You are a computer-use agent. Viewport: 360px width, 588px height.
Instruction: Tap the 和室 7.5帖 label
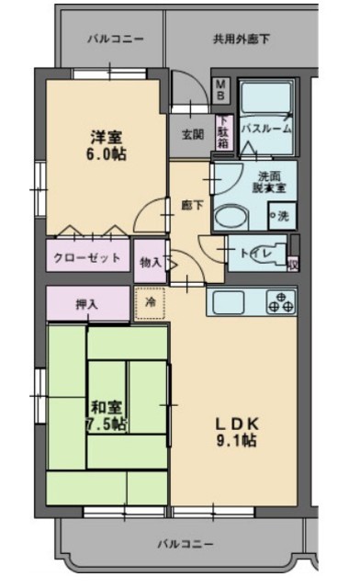pos(107,415)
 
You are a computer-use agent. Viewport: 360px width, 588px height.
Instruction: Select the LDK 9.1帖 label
pos(237,431)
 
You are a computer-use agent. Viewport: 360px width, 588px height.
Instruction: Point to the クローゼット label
pos(87,257)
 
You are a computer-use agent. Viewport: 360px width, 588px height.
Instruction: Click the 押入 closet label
pos(88,302)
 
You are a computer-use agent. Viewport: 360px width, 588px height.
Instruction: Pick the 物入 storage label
pos(150,263)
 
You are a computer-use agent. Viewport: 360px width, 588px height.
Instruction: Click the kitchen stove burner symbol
pos(280,301)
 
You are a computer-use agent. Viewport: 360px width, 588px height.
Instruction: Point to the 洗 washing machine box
pos(280,217)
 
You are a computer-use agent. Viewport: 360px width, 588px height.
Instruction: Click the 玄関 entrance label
pos(192,135)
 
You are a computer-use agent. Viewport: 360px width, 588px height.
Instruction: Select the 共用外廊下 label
pos(241,40)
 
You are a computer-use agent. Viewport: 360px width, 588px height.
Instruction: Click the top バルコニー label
pos(116,40)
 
